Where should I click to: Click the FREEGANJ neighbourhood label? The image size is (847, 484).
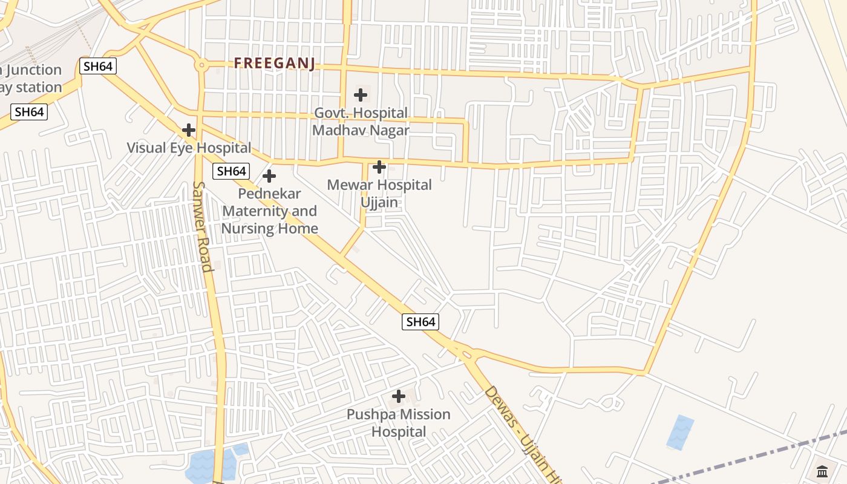click(275, 64)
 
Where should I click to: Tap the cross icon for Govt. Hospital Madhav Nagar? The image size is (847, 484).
click(361, 95)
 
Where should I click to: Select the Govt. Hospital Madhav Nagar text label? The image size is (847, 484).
click(361, 122)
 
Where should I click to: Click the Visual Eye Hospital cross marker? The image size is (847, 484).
click(189, 130)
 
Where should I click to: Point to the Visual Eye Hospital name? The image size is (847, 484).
click(189, 148)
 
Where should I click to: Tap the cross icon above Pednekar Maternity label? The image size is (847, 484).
click(269, 176)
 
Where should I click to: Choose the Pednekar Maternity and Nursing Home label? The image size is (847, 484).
click(269, 211)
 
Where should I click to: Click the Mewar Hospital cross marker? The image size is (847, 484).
click(379, 167)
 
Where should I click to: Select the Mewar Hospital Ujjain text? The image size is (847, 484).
click(379, 193)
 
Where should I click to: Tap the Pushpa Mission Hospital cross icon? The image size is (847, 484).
click(399, 396)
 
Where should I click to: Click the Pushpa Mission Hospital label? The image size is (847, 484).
click(399, 423)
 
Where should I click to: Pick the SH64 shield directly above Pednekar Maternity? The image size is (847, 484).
click(231, 171)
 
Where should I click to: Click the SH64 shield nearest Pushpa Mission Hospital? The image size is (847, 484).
click(420, 322)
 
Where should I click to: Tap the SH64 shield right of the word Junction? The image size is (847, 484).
click(98, 66)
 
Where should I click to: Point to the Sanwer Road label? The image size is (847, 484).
click(202, 227)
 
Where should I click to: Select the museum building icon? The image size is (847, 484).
click(822, 471)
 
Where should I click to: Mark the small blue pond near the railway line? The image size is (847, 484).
click(681, 432)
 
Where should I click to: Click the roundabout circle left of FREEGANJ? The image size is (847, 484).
click(201, 65)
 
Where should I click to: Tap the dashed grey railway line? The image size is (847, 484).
click(756, 460)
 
